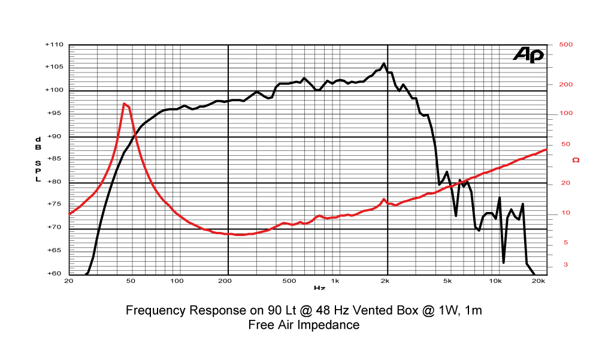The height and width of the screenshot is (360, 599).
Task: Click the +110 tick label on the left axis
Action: (54, 45)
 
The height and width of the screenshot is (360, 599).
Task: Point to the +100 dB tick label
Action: (54, 90)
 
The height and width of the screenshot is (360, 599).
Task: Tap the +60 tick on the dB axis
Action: (55, 274)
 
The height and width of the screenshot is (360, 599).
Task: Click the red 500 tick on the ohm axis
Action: (565, 45)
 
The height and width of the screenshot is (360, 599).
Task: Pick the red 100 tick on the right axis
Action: (565, 113)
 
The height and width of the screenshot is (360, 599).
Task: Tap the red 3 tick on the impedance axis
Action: (565, 265)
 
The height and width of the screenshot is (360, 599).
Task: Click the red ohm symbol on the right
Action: (576, 161)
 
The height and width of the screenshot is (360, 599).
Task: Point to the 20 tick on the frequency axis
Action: (68, 281)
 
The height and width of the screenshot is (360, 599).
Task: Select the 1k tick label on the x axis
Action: (335, 281)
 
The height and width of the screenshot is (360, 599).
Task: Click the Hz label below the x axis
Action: (319, 288)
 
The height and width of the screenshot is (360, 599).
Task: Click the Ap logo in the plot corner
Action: (528, 55)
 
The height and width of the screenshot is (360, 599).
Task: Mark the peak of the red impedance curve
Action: (124, 104)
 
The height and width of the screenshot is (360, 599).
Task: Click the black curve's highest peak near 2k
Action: (384, 63)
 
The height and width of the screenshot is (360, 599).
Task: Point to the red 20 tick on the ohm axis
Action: (565, 183)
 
